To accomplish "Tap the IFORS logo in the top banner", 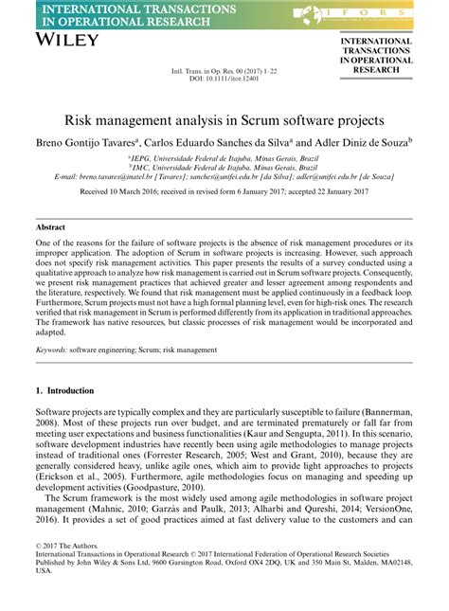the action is tap(368, 13).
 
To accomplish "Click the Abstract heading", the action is tap(50, 227).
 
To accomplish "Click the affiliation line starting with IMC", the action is tap(224, 166).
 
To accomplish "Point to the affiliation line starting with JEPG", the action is tap(224, 156).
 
